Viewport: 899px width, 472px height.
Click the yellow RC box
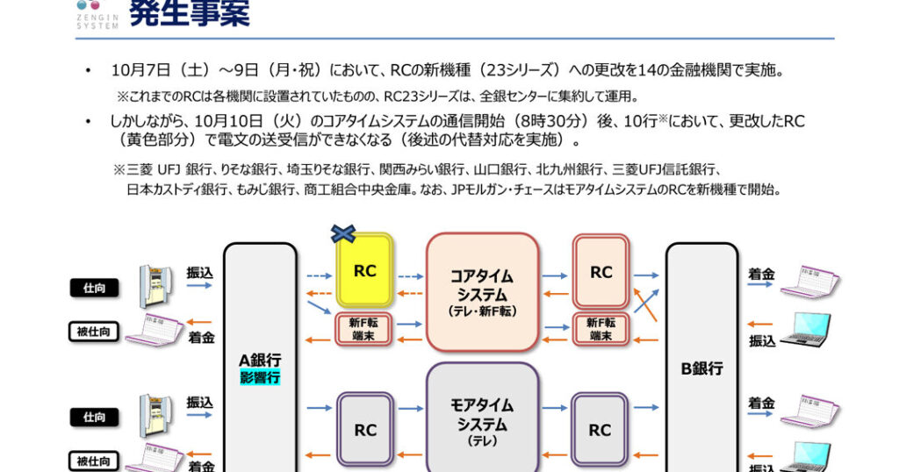pos(364,270)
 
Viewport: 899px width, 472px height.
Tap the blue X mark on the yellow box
pos(342,233)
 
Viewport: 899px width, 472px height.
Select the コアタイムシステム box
pos(481,291)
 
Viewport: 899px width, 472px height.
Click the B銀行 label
pos(702,368)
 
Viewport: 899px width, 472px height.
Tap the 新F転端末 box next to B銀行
pos(601,328)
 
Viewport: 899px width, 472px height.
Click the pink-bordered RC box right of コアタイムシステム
pos(601,272)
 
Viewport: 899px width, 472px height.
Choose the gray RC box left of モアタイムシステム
pos(364,430)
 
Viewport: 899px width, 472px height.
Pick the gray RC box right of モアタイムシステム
pos(601,430)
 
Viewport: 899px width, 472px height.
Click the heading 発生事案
pos(189,14)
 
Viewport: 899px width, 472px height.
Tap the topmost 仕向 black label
pos(94,287)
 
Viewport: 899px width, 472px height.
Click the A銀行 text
pos(260,360)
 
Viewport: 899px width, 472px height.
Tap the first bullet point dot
pos(88,70)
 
